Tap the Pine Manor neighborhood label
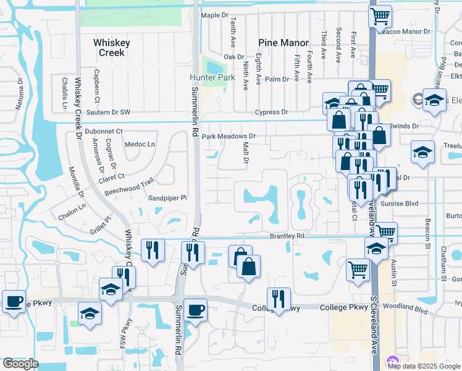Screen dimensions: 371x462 tap(283, 43)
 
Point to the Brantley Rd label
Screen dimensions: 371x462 tap(287, 236)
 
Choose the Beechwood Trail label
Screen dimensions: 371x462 tap(128, 184)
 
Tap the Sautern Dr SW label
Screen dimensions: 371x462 tap(108, 112)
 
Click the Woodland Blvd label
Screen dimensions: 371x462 tap(405, 307)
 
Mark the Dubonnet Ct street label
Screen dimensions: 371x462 tap(104, 131)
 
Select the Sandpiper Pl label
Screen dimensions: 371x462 tap(167, 198)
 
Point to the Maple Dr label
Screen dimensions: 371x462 tap(215, 15)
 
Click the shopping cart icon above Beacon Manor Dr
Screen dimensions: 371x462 tap(380, 15)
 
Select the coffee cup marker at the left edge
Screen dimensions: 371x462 tap(14, 302)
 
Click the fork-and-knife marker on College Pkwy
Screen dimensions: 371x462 tap(279, 299)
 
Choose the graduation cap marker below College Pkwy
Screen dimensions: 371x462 tap(90, 313)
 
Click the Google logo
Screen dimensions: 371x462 tap(20, 364)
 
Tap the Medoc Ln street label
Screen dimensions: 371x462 tap(140, 145)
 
